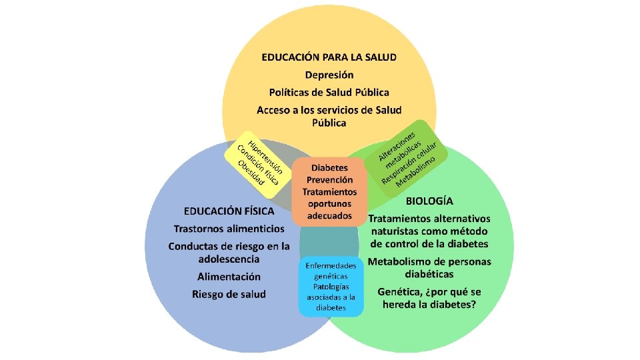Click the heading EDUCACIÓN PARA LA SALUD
pyautogui.click(x=329, y=57)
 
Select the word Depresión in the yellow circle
pyautogui.click(x=329, y=75)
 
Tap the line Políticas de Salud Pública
pyautogui.click(x=329, y=92)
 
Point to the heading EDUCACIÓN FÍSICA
pyautogui.click(x=229, y=211)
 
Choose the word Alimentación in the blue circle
pyautogui.click(x=229, y=276)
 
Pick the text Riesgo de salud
pyautogui.click(x=229, y=293)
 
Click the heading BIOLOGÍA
pyautogui.click(x=429, y=200)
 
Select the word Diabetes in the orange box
pyautogui.click(x=329, y=168)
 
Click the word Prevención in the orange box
pyautogui.click(x=329, y=180)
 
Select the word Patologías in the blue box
pyautogui.click(x=331, y=287)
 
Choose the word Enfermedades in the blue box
pyautogui.click(x=331, y=265)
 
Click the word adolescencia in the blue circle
pyautogui.click(x=229, y=259)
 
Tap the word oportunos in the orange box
pyautogui.click(x=329, y=204)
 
